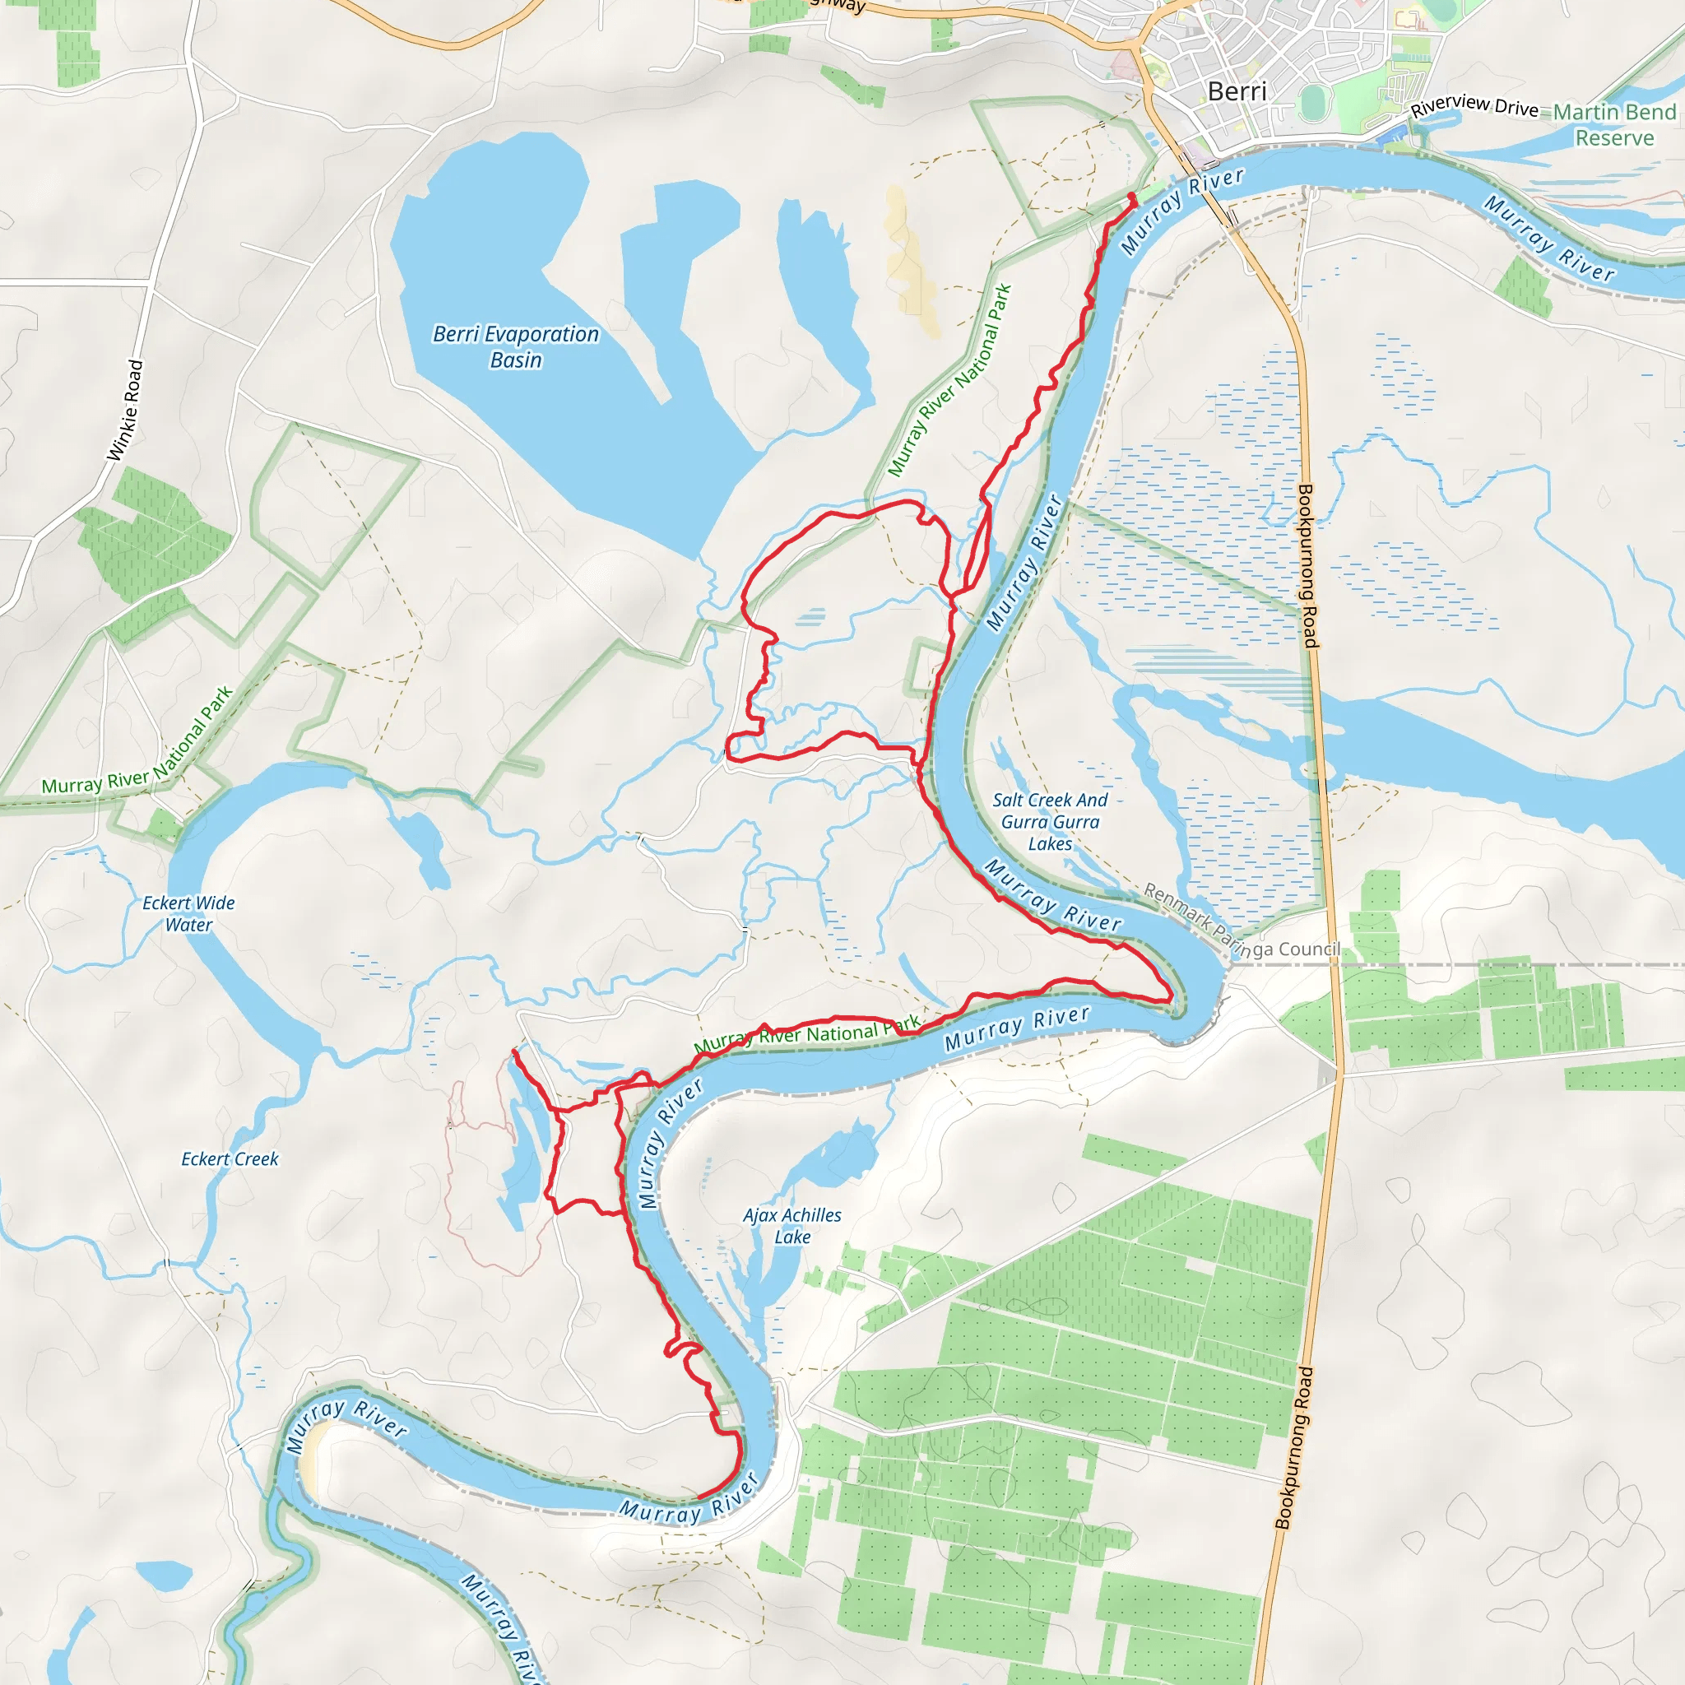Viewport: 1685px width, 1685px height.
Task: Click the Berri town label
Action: [x=1237, y=91]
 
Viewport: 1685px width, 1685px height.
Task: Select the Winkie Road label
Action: [x=125, y=410]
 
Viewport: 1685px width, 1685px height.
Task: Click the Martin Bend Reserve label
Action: [x=1614, y=125]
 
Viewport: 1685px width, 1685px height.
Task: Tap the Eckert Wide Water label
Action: [x=188, y=913]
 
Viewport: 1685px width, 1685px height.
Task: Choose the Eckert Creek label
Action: [x=230, y=1159]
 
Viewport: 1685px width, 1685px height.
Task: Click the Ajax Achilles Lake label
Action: [x=792, y=1225]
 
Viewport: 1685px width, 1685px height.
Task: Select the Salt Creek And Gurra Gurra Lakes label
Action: [x=1050, y=822]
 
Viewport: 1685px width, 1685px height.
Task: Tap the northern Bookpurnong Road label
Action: [x=1307, y=566]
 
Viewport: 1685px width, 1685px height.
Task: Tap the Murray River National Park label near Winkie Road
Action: [x=137, y=741]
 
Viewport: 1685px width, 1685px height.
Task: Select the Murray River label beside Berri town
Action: [x=1181, y=212]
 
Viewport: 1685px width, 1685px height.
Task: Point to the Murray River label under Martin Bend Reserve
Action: [x=1549, y=238]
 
